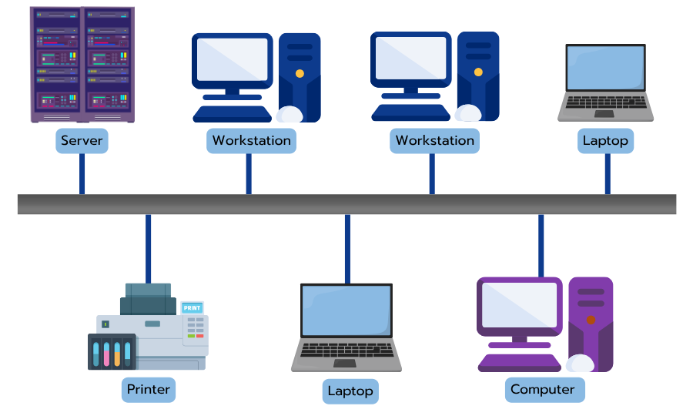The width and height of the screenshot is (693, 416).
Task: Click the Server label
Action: point(82,141)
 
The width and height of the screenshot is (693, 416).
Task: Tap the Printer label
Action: point(149,389)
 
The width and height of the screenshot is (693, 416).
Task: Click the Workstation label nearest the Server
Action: point(251,141)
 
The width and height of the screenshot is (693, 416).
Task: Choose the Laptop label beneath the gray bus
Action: point(350,391)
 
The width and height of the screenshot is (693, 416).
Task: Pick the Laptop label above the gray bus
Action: point(605,141)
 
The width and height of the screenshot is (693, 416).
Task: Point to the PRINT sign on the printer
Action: point(192,307)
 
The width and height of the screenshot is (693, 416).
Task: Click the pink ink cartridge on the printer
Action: point(107,352)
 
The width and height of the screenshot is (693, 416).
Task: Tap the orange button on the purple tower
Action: point(591,319)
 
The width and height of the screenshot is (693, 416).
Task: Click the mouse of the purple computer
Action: point(580,364)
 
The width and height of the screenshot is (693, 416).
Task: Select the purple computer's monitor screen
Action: point(520,304)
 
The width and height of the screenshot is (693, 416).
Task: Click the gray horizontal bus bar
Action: point(346,204)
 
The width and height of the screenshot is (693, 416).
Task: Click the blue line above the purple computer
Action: point(541,245)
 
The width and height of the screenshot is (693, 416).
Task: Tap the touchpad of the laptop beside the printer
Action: point(345,362)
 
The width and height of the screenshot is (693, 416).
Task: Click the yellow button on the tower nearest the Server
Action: point(300,74)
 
